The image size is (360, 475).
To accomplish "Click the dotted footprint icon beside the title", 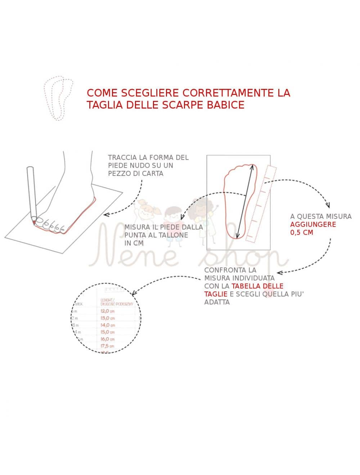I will point(58,98).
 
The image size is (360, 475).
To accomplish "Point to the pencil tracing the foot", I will point(32,194).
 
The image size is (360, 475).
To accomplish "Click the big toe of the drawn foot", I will point(39,221).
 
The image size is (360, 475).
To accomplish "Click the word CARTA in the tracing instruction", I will point(153,173).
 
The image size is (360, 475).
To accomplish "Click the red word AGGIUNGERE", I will point(313,225).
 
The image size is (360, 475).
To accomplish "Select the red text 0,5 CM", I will point(301,232).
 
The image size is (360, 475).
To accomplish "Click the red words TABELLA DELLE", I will point(257,286).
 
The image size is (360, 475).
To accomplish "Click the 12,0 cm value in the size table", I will point(107,311).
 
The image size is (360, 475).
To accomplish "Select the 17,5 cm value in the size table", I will point(107,346).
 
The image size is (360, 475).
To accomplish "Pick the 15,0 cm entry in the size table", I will point(107,332).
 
